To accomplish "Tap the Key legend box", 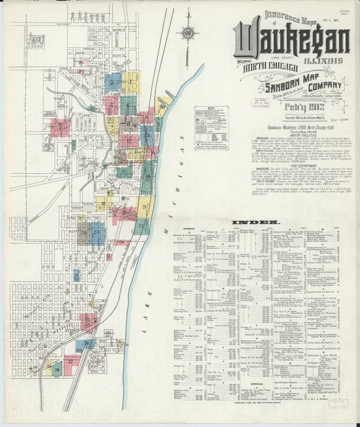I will coord(211,127).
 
